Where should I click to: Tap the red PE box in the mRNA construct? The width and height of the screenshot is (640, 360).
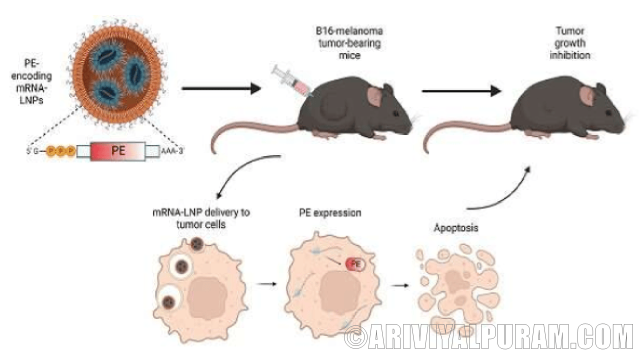tap(118, 150)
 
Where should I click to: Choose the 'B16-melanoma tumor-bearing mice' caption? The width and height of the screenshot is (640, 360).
tap(352, 43)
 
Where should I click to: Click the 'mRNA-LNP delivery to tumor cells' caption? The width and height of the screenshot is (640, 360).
tap(201, 218)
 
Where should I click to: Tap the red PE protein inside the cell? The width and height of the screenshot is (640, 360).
tap(355, 264)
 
